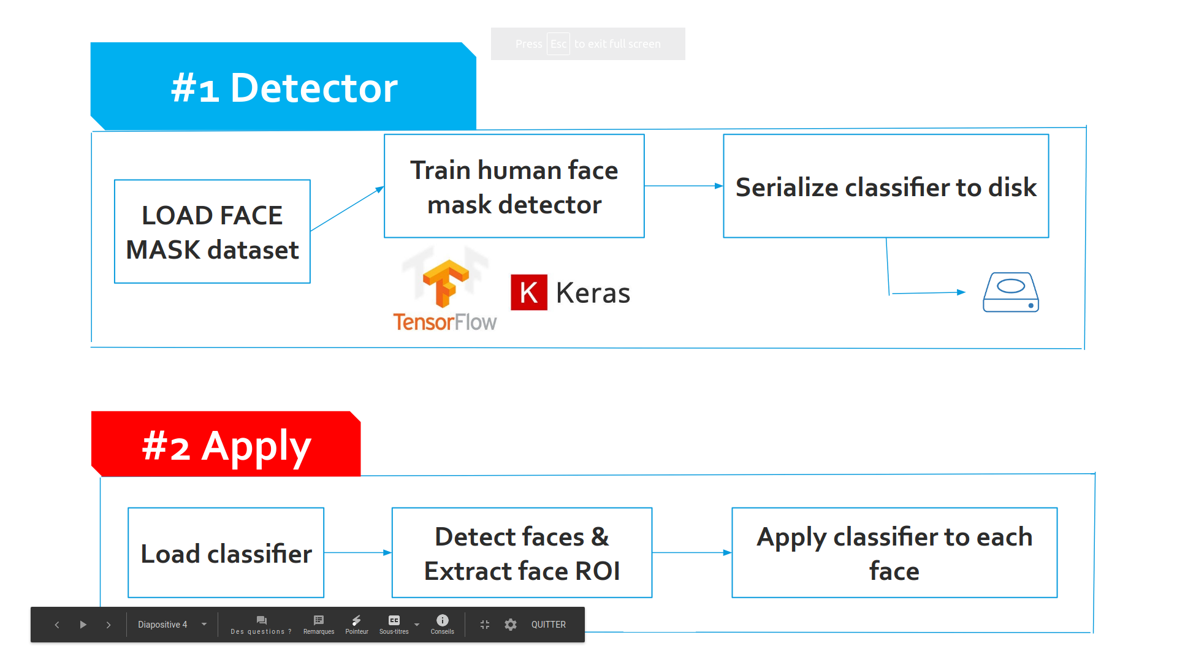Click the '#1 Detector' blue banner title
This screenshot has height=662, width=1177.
(284, 88)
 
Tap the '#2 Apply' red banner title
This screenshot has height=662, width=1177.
(226, 446)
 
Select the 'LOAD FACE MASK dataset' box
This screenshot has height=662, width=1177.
(212, 232)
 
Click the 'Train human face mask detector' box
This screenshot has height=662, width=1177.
(514, 186)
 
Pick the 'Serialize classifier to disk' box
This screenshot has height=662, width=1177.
(885, 186)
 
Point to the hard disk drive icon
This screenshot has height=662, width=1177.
(1010, 292)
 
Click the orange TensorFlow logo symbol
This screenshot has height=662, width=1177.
(446, 284)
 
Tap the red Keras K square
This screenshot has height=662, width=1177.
(528, 292)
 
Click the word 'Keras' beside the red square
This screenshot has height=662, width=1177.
(593, 293)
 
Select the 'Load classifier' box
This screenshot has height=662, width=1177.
(226, 553)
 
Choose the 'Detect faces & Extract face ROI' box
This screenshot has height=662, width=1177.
(522, 553)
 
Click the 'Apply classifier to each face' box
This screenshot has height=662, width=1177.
(894, 553)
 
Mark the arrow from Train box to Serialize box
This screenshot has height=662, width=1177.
(684, 186)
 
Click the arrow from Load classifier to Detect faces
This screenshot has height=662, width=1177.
(357, 552)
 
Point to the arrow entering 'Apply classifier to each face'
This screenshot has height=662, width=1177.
(691, 552)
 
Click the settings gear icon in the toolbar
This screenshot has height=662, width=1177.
(511, 625)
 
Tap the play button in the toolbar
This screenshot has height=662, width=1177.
(83, 625)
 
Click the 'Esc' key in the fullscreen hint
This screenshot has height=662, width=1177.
(558, 44)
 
